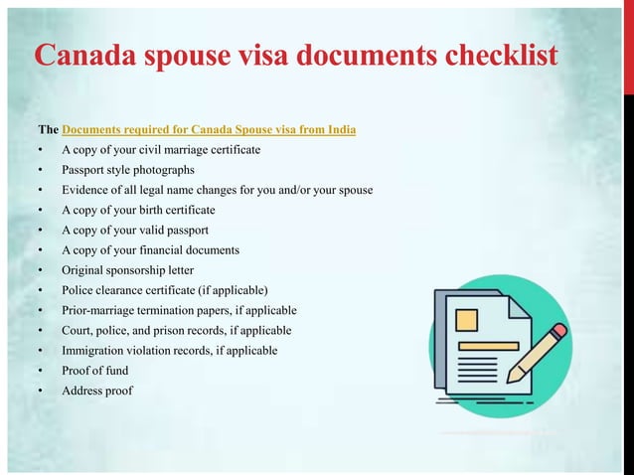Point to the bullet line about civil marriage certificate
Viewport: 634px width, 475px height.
pyautogui.click(x=161, y=150)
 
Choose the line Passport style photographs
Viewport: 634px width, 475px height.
pyautogui.click(x=128, y=170)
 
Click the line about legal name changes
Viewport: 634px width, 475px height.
pyautogui.click(x=217, y=190)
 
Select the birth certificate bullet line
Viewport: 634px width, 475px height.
pyautogui.click(x=138, y=210)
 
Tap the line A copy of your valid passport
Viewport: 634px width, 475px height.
pyautogui.click(x=135, y=230)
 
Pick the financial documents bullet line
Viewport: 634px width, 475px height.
pyautogui.click(x=150, y=249)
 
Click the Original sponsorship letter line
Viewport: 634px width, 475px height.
pyautogui.click(x=128, y=269)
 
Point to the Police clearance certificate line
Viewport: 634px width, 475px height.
pyautogui.click(x=165, y=290)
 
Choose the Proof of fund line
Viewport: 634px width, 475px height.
pyautogui.click(x=96, y=370)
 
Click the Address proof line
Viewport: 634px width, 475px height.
pyautogui.click(x=96, y=391)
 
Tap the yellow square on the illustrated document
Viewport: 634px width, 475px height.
pyautogui.click(x=466, y=320)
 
